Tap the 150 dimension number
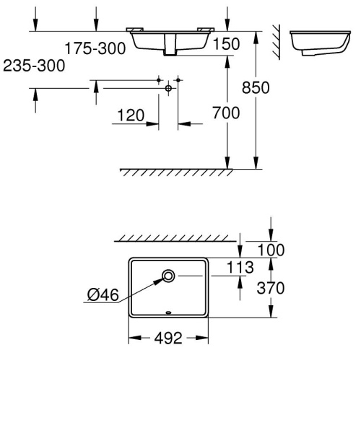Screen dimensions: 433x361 click(x=225, y=45)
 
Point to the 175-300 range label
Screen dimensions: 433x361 click(x=95, y=48)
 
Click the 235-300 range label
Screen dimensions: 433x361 click(x=33, y=66)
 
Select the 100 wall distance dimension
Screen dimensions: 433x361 click(x=271, y=250)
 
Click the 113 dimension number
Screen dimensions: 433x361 click(x=239, y=268)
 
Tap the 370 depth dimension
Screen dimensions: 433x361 click(x=271, y=289)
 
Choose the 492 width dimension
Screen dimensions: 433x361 click(x=168, y=338)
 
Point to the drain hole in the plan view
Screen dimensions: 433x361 click(x=168, y=275)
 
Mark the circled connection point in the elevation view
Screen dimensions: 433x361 click(x=168, y=87)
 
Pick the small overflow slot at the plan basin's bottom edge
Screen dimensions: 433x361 click(x=168, y=312)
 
